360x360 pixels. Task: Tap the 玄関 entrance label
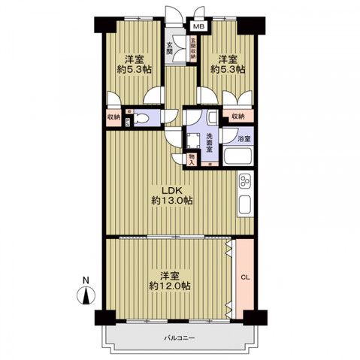point(170,49)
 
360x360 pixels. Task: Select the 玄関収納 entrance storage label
point(192,48)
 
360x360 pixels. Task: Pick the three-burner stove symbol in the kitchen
point(245,182)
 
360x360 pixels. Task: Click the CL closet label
point(244,277)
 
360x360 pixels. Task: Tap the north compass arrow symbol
point(86,295)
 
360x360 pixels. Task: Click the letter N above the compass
point(86,281)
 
